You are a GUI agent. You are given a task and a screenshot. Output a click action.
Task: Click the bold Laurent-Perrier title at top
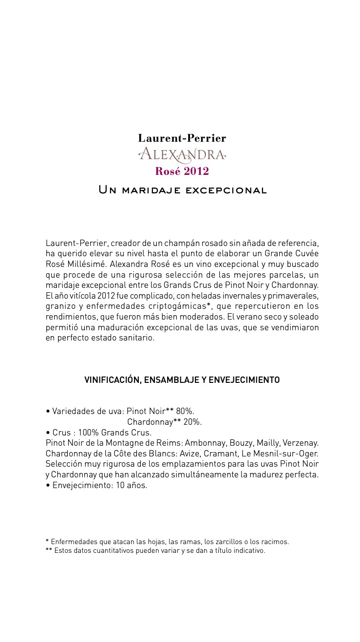[x=182, y=138]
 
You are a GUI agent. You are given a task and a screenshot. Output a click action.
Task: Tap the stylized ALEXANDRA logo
[x=182, y=155]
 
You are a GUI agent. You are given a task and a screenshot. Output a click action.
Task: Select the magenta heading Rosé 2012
[x=182, y=171]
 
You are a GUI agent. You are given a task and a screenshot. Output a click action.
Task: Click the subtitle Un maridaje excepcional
[x=183, y=190]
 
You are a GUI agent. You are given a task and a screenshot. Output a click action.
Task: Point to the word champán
[x=208, y=243]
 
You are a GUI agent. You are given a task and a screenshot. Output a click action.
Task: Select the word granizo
[x=59, y=306]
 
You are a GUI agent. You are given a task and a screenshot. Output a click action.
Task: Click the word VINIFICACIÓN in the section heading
[x=112, y=380]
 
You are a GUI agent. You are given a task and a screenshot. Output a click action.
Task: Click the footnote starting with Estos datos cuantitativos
[x=159, y=551]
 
